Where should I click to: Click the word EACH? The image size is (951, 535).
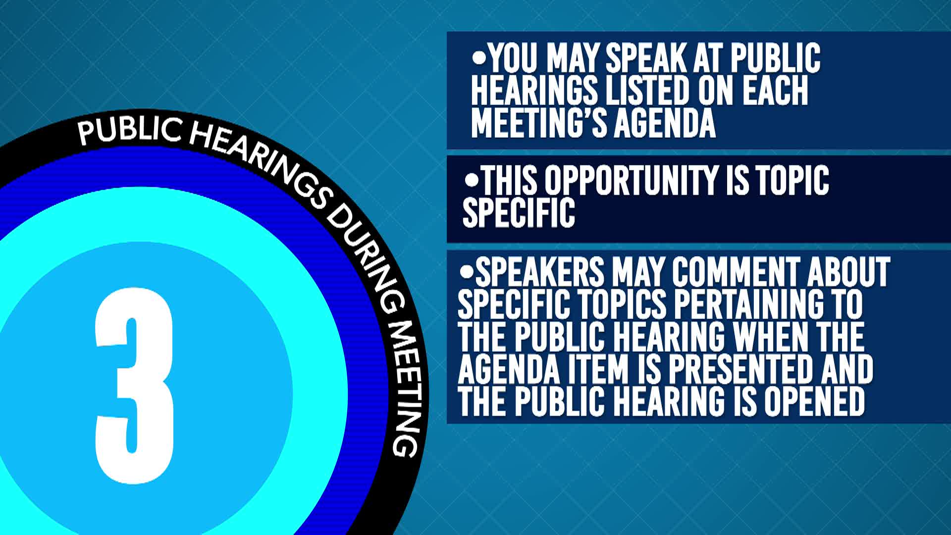pos(775,91)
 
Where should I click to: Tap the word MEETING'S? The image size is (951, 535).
pos(538,122)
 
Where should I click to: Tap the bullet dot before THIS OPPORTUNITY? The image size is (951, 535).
pos(472,178)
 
